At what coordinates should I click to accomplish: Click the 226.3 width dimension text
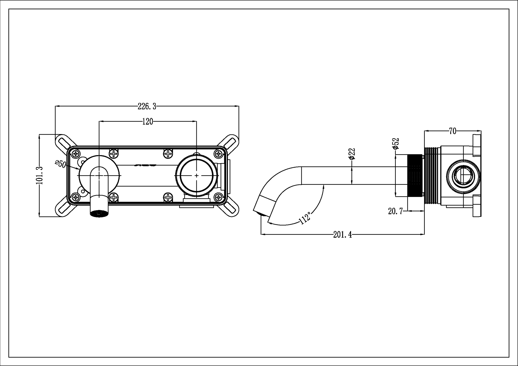[x=147, y=106]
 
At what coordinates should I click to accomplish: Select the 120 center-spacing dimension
[x=148, y=122]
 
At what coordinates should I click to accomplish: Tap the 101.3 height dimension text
[x=39, y=175]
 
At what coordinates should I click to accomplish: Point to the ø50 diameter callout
[x=60, y=164]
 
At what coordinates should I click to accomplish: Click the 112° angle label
[x=305, y=218]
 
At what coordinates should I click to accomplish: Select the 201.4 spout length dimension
[x=342, y=235]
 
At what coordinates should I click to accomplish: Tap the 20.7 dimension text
[x=395, y=211]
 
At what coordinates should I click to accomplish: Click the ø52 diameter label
[x=396, y=144]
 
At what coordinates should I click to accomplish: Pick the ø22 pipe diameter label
[x=352, y=154]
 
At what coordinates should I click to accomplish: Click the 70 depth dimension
[x=452, y=131]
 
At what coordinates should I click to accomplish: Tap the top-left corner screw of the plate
[x=76, y=154]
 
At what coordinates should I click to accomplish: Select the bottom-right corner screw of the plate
[x=219, y=197]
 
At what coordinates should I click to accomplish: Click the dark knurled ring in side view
[x=415, y=175]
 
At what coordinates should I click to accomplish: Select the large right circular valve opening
[x=196, y=175]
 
